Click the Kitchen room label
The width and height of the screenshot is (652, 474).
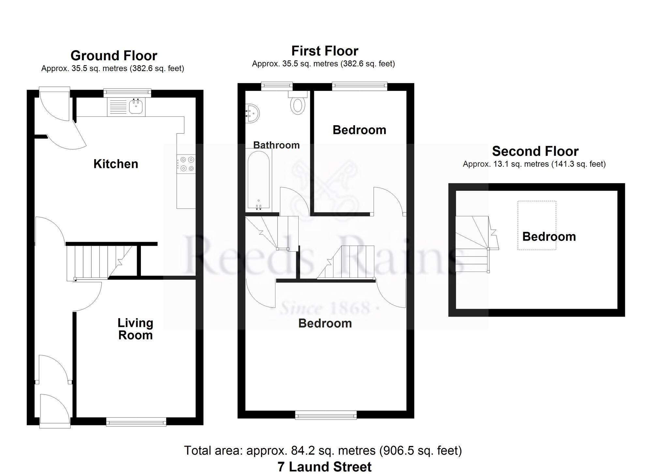(116, 164)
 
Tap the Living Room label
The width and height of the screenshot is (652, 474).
(135, 329)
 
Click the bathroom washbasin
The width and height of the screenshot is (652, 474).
(253, 113)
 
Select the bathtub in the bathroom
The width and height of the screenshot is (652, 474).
(259, 179)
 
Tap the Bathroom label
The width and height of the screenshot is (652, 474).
(276, 145)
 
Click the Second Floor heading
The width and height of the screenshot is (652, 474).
(535, 151)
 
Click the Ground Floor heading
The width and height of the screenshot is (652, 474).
(114, 56)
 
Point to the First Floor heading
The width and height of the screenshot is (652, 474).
(325, 51)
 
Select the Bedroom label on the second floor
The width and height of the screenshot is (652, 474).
(549, 237)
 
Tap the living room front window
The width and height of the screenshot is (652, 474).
(136, 422)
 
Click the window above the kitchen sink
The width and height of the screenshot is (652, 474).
(127, 93)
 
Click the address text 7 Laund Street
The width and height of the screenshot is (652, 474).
(324, 467)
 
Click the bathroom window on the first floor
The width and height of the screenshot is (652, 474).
(277, 86)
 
